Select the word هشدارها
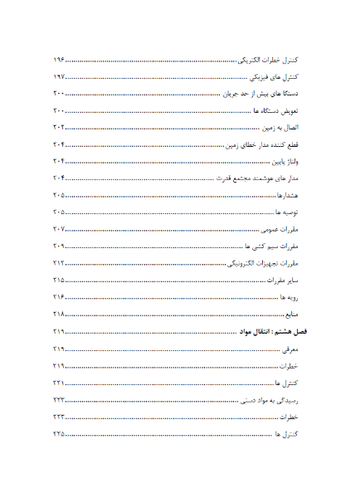[287, 194]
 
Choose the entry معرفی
[290, 349]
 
